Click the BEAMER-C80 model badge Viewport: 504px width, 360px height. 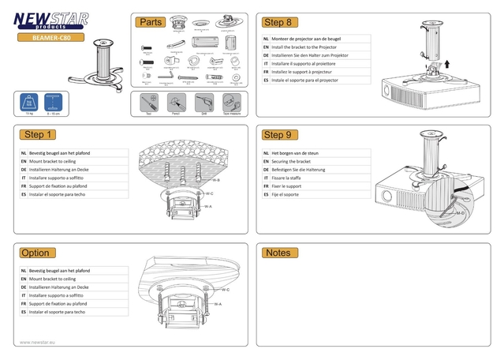pyautogui.click(x=48, y=37)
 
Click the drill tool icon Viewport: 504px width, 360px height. pyautogui.click(x=201, y=103)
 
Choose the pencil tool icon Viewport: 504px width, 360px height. pyautogui.click(x=174, y=103)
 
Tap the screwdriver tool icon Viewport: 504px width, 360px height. pyautogui.click(x=147, y=103)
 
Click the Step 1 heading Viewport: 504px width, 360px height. pyautogui.click(x=40, y=135)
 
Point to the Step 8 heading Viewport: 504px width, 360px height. pyautogui.click(x=281, y=22)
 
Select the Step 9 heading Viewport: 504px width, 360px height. pyautogui.click(x=281, y=135)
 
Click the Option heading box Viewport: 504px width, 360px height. pyautogui.click(x=37, y=253)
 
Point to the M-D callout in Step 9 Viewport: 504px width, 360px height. pyautogui.click(x=460, y=213)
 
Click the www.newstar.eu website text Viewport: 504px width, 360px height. pyautogui.click(x=42, y=342)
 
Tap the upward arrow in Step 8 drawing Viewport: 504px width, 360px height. pyautogui.click(x=448, y=63)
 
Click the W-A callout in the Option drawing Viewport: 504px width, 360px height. pyautogui.click(x=218, y=303)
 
